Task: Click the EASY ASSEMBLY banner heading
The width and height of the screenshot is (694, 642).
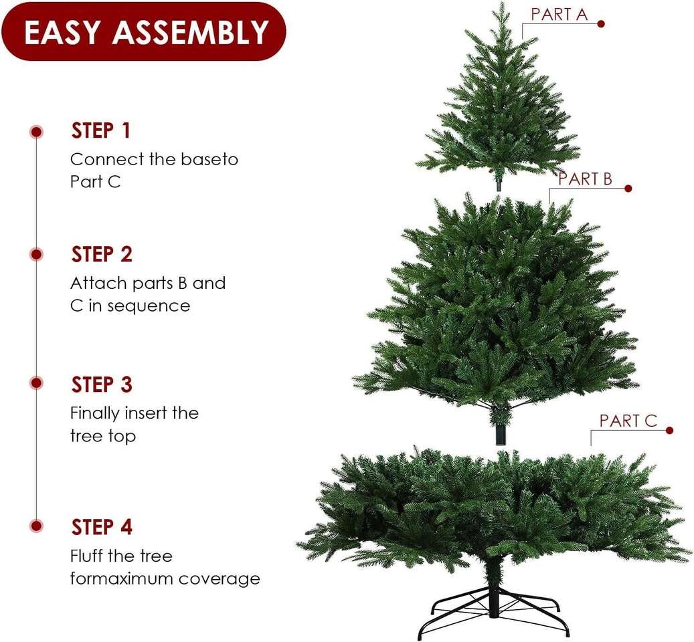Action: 147,32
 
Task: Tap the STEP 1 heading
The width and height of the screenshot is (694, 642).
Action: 101,131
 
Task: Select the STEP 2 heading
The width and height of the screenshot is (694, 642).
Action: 102,254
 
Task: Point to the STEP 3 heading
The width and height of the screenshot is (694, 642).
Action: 102,385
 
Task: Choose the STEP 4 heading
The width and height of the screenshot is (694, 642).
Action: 102,527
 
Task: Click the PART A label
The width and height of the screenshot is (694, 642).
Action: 559,14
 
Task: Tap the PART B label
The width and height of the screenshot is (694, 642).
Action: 585,179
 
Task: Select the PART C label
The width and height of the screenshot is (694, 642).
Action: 628,421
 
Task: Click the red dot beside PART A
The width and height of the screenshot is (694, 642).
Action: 601,24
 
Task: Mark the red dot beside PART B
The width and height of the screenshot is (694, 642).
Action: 628,189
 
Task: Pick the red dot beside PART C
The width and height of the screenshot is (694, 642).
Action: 669,431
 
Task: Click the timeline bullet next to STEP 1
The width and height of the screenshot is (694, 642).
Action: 37,132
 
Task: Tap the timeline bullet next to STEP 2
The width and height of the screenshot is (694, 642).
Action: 37,254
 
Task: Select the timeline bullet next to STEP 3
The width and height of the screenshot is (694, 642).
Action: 37,383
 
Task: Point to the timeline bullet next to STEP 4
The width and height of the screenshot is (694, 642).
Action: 37,526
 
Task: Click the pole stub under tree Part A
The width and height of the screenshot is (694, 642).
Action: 499,185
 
